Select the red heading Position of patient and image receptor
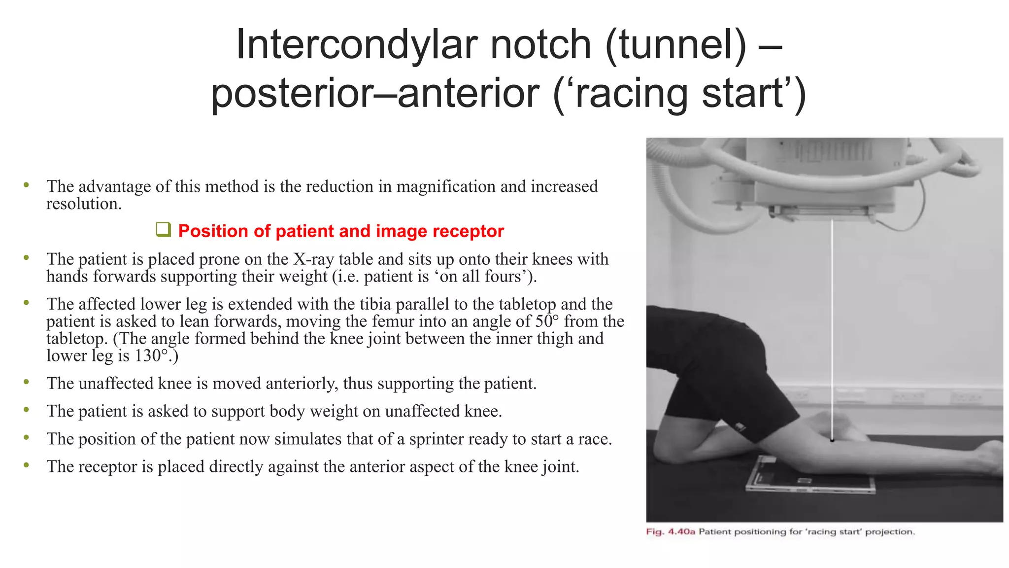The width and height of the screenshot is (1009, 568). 341,231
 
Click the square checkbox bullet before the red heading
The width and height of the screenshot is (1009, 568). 163,230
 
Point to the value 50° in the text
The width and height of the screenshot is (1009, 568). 547,321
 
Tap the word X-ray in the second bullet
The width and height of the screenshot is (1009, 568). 314,259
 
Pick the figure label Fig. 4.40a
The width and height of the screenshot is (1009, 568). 670,532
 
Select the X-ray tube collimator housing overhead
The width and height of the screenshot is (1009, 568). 825,177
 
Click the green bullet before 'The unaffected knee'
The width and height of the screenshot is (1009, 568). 26,382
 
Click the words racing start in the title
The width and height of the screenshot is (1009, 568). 680,94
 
